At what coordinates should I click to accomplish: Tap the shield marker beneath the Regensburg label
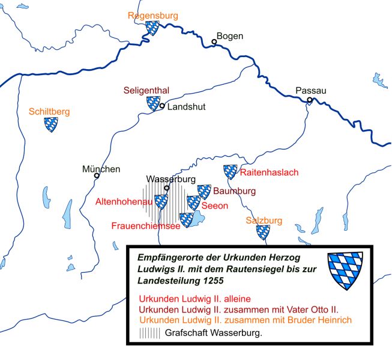[x=152, y=28]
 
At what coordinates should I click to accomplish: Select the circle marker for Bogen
[x=214, y=42]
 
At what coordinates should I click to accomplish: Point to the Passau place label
[x=311, y=91]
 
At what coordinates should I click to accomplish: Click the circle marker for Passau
[x=310, y=100]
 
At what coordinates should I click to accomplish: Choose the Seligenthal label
[x=146, y=90]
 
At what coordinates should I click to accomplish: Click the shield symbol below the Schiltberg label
[x=52, y=125]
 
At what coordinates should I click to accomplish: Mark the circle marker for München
[x=97, y=176]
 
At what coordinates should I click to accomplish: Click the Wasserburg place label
[x=171, y=179]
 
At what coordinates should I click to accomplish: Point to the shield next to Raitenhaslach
[x=230, y=172]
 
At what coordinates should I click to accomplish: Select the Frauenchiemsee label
[x=146, y=226]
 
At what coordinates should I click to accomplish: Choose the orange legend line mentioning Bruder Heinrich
[x=244, y=319]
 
